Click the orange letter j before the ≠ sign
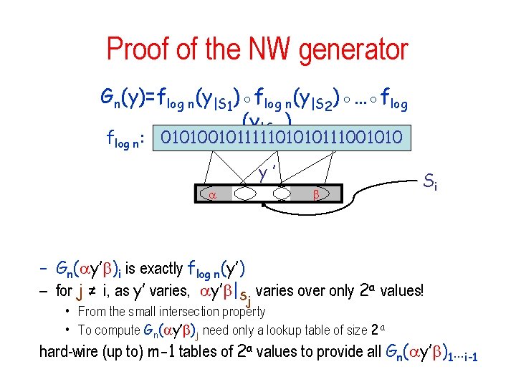pos(79,291)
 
